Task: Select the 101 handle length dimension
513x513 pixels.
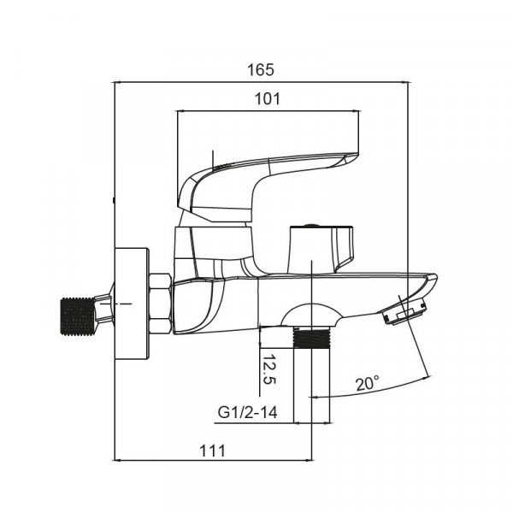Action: tap(268, 98)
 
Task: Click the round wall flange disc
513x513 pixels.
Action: tap(133, 304)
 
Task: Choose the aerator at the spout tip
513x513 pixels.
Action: tap(402, 313)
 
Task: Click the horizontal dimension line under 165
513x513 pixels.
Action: tap(260, 83)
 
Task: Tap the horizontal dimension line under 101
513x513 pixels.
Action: tap(267, 111)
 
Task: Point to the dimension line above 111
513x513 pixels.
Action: tap(214, 462)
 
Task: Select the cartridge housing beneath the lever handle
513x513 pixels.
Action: tap(214, 244)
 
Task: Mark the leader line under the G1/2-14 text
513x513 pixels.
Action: tap(256, 423)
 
